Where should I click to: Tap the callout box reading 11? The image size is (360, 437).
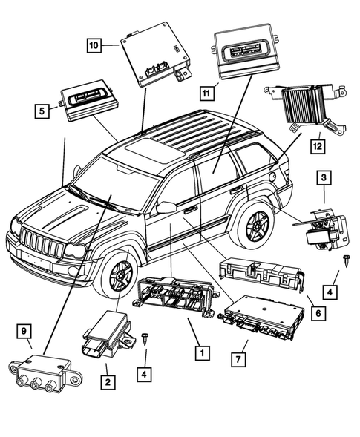pos(206,93)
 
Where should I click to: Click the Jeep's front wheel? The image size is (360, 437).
pos(121,276)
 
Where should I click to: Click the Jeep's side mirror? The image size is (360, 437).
pos(166,208)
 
